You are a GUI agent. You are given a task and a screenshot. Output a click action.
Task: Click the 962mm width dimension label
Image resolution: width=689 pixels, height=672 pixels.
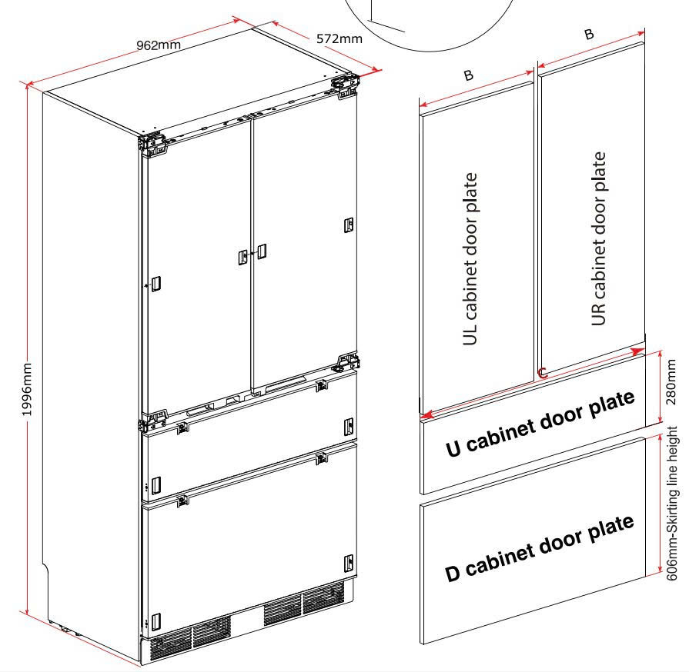(x=158, y=45)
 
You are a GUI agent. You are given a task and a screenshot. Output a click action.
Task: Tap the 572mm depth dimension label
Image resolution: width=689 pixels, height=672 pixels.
(x=339, y=38)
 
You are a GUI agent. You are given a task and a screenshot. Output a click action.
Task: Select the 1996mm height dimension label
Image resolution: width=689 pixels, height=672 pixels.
(x=27, y=389)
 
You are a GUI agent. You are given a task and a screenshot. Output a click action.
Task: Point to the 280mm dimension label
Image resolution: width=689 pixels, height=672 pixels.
(x=671, y=382)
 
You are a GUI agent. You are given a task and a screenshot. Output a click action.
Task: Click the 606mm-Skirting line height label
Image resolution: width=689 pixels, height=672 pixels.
(x=672, y=504)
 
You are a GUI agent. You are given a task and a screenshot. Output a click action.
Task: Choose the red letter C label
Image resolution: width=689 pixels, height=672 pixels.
(x=542, y=374)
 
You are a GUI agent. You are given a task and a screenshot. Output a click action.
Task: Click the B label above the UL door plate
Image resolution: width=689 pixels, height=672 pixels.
(x=468, y=75)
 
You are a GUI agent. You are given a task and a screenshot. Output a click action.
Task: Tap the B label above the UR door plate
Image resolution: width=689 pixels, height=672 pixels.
(x=589, y=34)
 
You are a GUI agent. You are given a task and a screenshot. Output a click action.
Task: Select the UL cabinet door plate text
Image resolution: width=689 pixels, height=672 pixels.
(x=470, y=259)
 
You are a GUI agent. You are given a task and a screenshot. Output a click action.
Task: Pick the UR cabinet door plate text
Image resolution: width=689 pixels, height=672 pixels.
(x=598, y=238)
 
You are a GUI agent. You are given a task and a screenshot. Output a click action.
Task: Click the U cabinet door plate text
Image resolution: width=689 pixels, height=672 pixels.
(x=540, y=424)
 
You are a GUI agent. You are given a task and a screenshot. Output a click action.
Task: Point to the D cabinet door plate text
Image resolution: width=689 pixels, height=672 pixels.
(x=540, y=548)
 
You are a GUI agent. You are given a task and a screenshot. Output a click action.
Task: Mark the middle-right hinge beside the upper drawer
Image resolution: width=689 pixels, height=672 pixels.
(x=346, y=362)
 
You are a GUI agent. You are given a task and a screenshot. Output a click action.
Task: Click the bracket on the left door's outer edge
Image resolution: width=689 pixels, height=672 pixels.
(x=155, y=284)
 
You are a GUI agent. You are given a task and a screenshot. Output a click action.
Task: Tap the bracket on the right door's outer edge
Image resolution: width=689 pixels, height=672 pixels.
(x=349, y=225)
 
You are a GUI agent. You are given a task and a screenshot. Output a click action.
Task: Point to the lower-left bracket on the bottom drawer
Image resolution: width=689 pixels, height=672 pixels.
(x=156, y=621)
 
